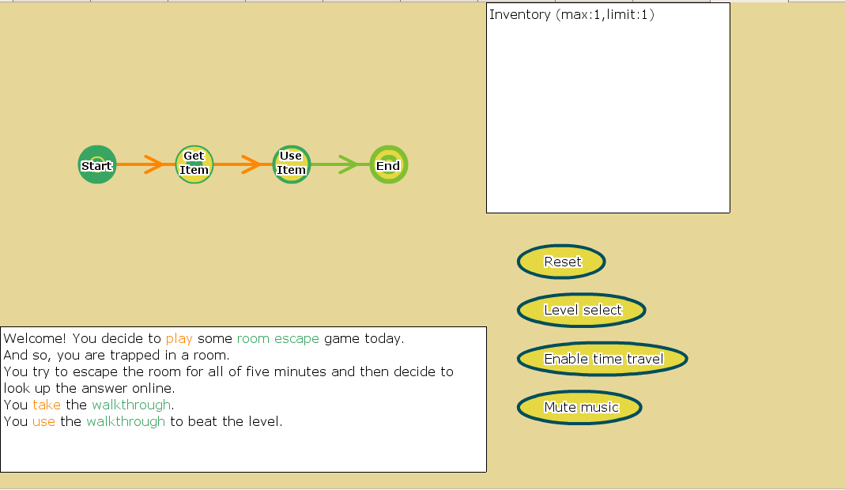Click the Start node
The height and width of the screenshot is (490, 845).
97,164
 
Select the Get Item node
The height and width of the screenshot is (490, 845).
194,164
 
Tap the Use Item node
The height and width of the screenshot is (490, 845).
292,164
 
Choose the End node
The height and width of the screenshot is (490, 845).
389,164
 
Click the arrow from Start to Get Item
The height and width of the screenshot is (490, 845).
140,164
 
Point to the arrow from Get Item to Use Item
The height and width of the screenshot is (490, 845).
237,164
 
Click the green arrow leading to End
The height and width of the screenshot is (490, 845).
334,164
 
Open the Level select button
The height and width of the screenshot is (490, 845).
582,310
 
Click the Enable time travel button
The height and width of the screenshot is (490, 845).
602,359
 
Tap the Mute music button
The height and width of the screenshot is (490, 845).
579,407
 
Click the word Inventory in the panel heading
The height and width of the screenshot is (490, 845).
519,14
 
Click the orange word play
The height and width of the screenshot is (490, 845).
179,339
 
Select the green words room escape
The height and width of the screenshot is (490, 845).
278,339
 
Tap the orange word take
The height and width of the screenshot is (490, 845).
47,405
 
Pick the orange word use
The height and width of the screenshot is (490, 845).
43,422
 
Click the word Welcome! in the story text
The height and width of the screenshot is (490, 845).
35,338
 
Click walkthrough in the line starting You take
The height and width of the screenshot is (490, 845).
131,405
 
